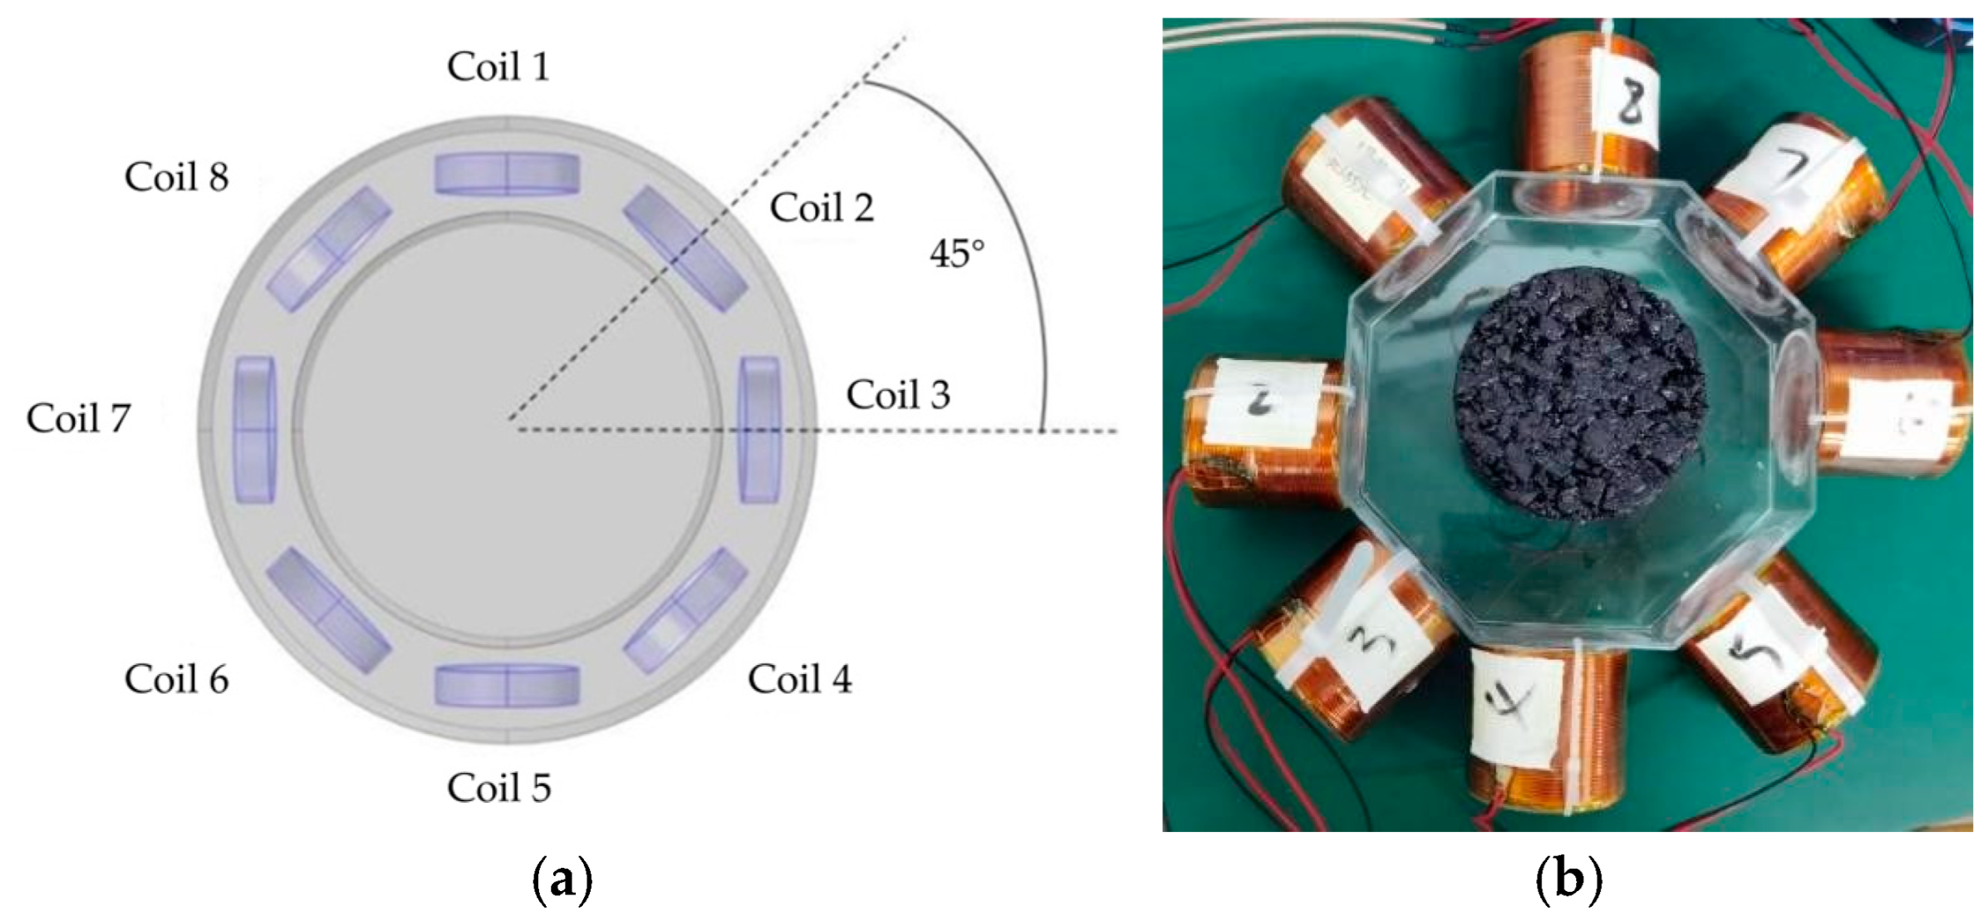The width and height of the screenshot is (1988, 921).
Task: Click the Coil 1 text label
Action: pyautogui.click(x=498, y=66)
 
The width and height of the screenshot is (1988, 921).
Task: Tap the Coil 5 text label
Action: pyautogui.click(x=498, y=787)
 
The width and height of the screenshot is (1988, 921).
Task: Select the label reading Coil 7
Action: pyautogui.click(x=78, y=418)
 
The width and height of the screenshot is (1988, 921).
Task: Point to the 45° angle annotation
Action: pyautogui.click(x=957, y=254)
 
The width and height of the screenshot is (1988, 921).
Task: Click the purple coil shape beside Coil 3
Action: pyautogui.click(x=760, y=430)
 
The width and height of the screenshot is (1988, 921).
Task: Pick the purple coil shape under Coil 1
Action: pyautogui.click(x=507, y=174)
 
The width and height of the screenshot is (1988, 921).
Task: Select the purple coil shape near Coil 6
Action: pyautogui.click(x=328, y=610)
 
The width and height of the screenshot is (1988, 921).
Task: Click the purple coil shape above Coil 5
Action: pyautogui.click(x=507, y=686)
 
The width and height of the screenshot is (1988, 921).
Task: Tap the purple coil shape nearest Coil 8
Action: pyautogui.click(x=328, y=249)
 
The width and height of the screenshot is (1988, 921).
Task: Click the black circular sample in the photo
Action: pyautogui.click(x=1580, y=394)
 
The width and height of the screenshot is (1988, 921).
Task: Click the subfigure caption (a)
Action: pyautogui.click(x=562, y=879)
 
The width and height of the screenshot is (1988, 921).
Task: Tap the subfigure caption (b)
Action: pyautogui.click(x=1568, y=879)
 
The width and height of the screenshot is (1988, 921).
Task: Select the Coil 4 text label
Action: pyautogui.click(x=799, y=679)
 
